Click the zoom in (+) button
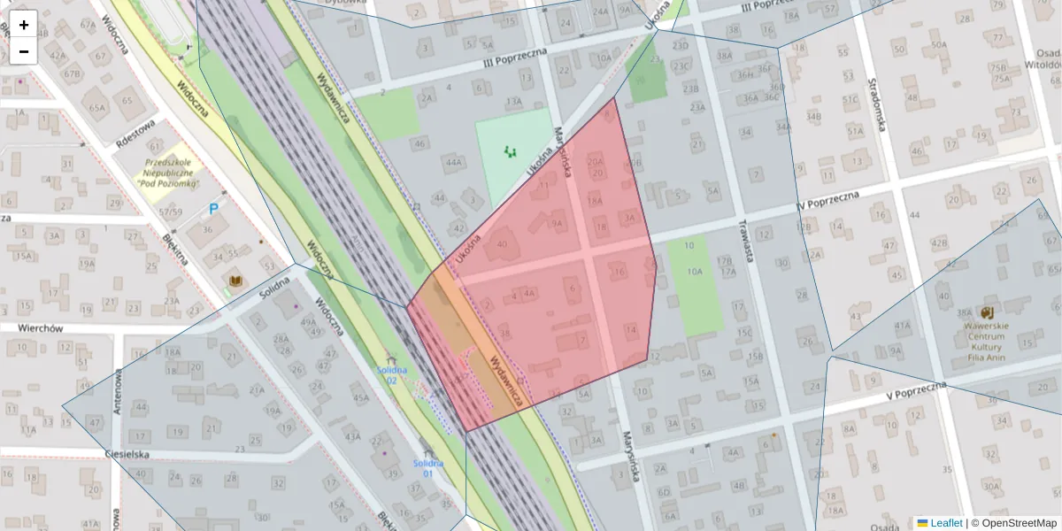click(x=24, y=25)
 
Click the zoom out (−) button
click(x=24, y=51)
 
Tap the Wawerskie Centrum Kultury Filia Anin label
click(x=987, y=336)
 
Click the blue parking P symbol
click(x=213, y=210)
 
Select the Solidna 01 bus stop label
click(x=427, y=468)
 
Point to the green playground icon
click(x=510, y=152)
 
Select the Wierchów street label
click(x=41, y=327)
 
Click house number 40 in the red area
click(x=503, y=244)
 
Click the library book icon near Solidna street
click(x=235, y=282)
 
